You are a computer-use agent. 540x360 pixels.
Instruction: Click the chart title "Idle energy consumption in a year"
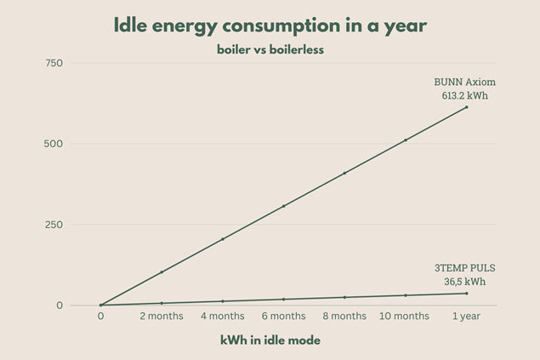pos(270,26)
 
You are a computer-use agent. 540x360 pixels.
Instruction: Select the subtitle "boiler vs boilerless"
pos(270,50)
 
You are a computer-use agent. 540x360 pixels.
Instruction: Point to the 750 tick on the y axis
pos(54,64)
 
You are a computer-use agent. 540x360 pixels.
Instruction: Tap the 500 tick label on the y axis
pos(54,144)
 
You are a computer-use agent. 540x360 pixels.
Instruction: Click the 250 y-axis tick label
pos(54,225)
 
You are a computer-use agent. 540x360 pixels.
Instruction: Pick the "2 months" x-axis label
pos(161,317)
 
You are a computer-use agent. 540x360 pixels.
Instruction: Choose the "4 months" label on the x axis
pos(222,317)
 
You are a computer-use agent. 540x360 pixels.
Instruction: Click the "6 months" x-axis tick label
pos(283,317)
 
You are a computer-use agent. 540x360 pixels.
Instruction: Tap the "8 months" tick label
pos(344,317)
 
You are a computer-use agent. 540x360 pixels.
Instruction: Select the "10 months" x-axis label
pos(405,317)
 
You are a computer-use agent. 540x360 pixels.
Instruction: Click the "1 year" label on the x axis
pos(466,317)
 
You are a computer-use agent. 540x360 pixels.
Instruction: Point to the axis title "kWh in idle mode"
pos(270,340)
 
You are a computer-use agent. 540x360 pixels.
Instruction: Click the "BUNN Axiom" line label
pos(464,83)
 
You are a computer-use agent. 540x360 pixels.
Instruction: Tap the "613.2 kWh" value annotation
pos(464,95)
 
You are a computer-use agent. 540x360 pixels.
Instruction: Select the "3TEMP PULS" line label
pos(464,268)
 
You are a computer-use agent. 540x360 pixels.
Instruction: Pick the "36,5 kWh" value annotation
pos(464,281)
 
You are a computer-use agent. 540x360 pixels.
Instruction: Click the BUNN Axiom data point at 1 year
pos(466,107)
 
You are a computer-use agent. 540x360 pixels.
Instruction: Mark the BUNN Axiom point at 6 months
pos(283,206)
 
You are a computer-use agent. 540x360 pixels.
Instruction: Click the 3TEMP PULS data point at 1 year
pos(466,294)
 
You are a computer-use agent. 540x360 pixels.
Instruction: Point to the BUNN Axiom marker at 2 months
pos(162,272)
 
